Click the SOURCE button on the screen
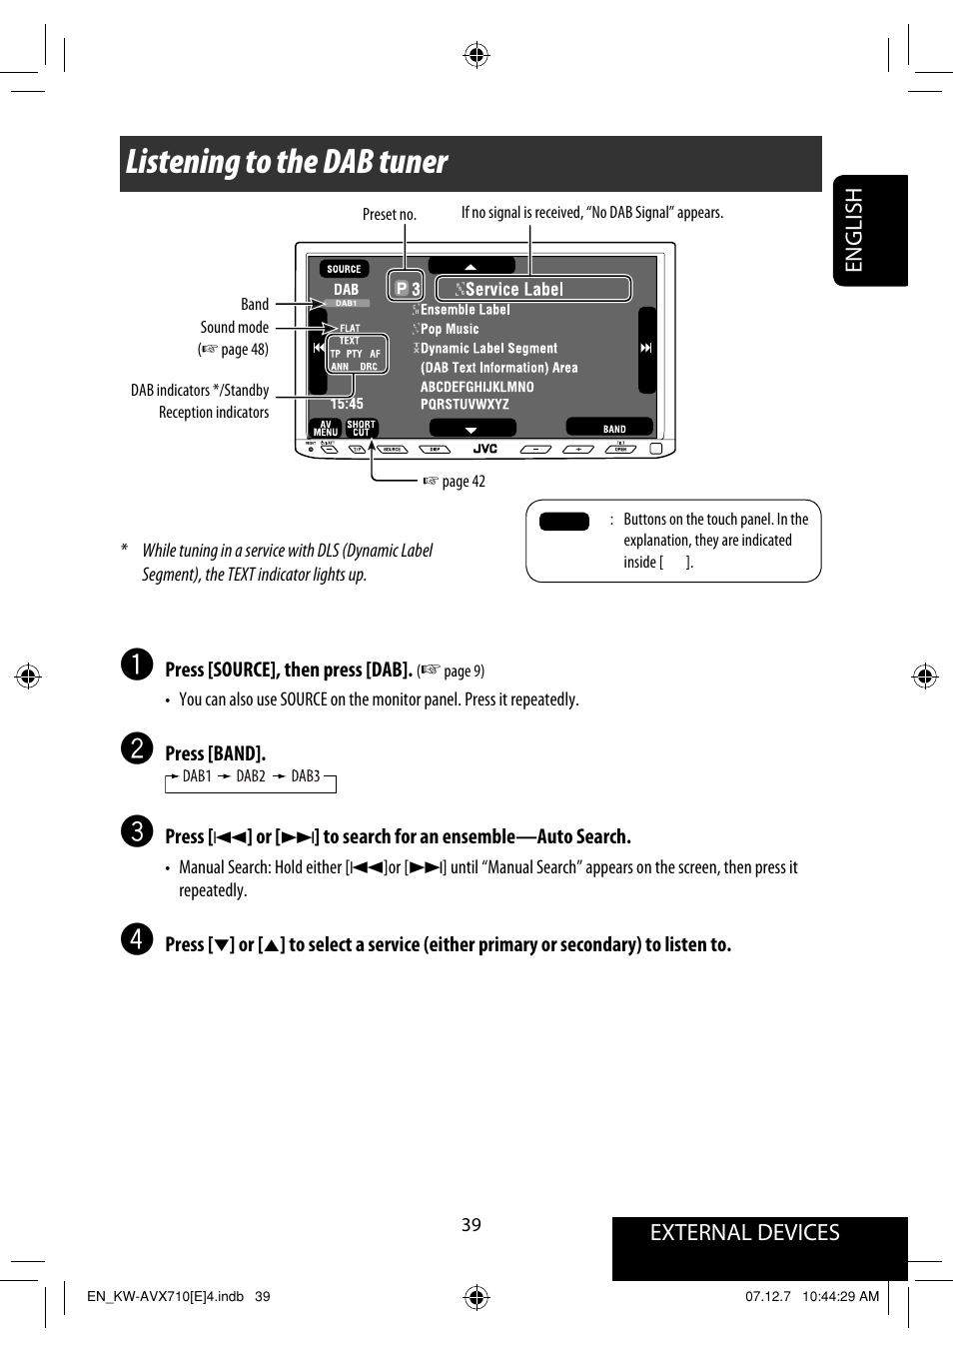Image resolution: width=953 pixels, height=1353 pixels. (x=344, y=269)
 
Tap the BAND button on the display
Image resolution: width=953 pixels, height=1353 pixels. (x=613, y=429)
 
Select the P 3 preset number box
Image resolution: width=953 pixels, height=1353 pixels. (x=407, y=288)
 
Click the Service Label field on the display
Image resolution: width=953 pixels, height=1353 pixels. (x=533, y=289)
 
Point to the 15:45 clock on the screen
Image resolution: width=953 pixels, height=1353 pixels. (x=347, y=404)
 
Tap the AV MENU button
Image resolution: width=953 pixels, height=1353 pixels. (x=326, y=428)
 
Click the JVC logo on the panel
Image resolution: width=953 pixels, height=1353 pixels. (x=485, y=450)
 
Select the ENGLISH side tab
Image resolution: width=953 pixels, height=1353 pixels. (x=854, y=230)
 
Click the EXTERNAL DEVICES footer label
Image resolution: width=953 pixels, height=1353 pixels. (x=744, y=1233)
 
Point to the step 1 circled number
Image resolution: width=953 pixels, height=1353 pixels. (x=137, y=665)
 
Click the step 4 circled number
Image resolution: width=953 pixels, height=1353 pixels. (x=137, y=939)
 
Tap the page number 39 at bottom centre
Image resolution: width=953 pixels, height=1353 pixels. (x=472, y=1225)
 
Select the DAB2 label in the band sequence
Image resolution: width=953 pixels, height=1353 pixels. (x=251, y=776)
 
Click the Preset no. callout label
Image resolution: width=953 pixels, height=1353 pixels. (x=389, y=215)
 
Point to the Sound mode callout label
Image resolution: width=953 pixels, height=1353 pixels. (x=234, y=328)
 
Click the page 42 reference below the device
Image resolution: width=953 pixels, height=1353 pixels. (x=463, y=482)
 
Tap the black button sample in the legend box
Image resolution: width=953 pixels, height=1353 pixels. (x=563, y=521)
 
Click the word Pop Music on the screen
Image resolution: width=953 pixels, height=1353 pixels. (x=450, y=329)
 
